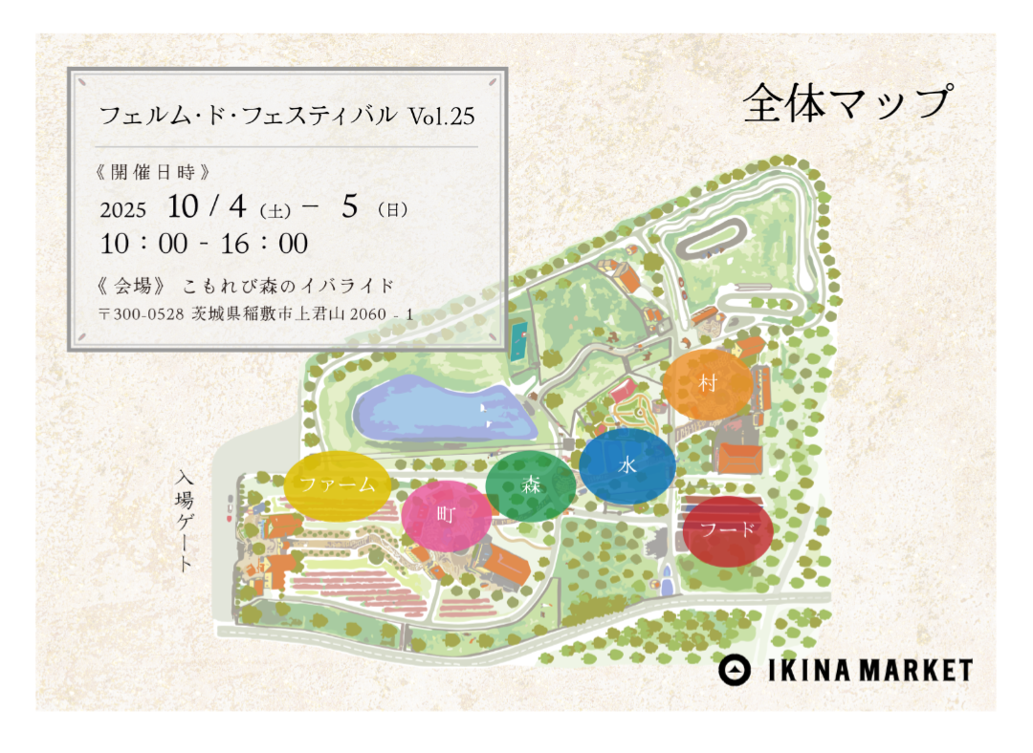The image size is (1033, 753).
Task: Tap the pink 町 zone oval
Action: pos(447,515)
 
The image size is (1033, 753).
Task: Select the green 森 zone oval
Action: pos(531,485)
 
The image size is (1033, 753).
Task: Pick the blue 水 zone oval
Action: pos(627,465)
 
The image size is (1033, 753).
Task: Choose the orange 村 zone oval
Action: pos(708,384)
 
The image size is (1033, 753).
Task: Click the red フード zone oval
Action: pos(728,531)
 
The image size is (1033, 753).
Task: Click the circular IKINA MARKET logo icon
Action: pos(735,670)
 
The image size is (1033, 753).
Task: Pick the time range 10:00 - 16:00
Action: pos(204,245)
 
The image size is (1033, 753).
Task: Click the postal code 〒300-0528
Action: pos(141,313)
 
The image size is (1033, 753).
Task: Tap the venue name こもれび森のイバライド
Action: pos(288,286)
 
